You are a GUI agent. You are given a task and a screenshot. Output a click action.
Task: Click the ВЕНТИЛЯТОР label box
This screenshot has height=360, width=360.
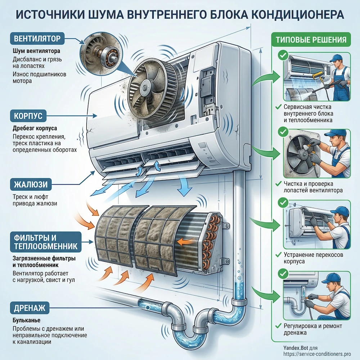(x=37, y=38)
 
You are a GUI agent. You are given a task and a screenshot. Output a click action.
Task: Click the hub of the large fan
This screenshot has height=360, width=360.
(x=146, y=87)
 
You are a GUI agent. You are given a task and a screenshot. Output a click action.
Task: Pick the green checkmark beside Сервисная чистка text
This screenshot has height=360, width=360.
(x=278, y=107)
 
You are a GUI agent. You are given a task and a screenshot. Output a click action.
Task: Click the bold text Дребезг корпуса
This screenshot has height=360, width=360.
(x=35, y=128)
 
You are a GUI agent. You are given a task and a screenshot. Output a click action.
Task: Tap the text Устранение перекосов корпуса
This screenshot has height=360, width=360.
(x=313, y=258)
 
